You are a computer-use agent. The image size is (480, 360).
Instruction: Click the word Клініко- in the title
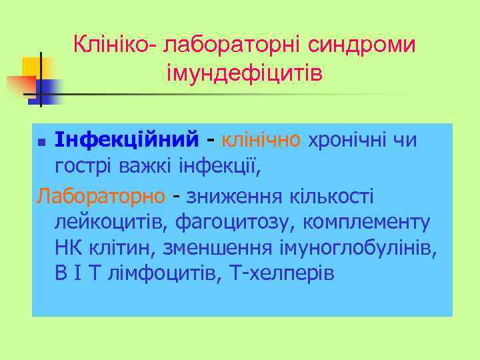[114, 45]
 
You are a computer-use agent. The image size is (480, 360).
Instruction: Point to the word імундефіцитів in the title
[245, 72]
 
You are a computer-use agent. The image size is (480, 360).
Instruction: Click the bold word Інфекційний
[127, 141]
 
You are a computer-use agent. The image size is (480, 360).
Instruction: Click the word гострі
[83, 167]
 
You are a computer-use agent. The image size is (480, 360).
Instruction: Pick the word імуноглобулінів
[358, 248]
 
